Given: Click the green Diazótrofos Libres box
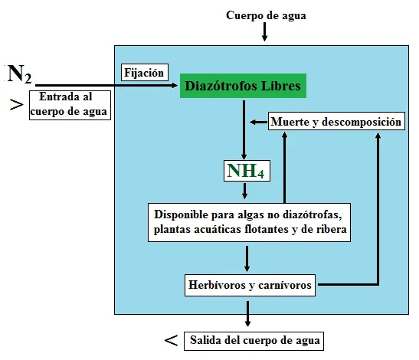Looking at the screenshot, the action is tap(243, 86).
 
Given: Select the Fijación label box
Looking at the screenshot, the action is tap(145, 73).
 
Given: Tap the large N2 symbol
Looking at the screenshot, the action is tap(19, 74).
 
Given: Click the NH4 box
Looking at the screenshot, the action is tap(247, 171).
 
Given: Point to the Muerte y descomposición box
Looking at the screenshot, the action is tap(336, 122).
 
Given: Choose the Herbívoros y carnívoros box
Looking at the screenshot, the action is tap(250, 285).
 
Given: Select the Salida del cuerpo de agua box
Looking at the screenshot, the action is tap(254, 341).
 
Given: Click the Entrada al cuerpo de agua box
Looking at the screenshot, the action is tap(70, 105).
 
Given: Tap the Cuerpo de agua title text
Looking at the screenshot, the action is tap(266, 15).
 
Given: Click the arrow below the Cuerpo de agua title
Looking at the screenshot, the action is tap(264, 32).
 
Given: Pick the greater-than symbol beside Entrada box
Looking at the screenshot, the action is tap(17, 105).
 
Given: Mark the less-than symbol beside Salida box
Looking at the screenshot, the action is tap(171, 341).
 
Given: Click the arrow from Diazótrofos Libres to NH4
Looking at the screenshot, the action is tap(244, 130).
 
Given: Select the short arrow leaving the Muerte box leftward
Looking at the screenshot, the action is tap(258, 122).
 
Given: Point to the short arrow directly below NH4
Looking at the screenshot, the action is tap(244, 191).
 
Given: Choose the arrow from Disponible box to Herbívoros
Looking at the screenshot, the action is tap(247, 259).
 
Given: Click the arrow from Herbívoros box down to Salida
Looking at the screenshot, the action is tap(247, 314).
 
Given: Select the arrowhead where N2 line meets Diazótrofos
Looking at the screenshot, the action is tap(175, 86).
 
